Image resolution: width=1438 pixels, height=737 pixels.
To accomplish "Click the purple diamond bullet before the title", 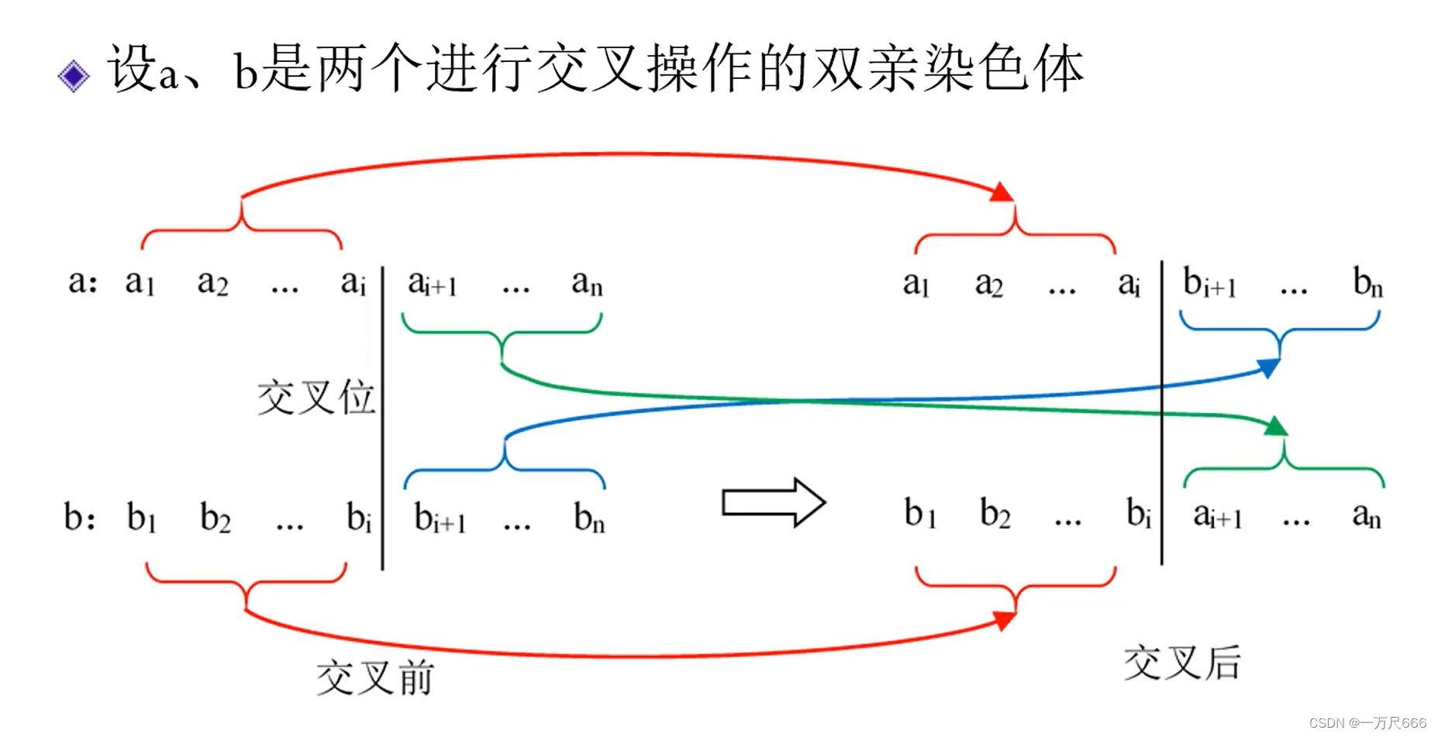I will [74, 76].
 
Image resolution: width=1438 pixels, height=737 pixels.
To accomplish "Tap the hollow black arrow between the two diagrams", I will [773, 503].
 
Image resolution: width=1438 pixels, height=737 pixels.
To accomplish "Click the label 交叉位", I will [316, 398].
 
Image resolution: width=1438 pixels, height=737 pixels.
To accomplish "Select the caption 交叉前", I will [375, 677].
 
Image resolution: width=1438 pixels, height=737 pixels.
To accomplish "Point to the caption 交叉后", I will [1182, 663].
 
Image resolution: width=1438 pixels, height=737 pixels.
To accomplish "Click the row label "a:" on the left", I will [83, 282].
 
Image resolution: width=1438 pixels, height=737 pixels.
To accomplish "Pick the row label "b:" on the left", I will [80, 517].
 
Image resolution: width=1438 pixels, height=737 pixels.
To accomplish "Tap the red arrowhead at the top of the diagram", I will [1002, 193].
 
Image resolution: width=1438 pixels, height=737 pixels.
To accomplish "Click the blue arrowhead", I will [1268, 367].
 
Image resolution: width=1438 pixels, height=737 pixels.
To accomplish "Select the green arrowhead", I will [1275, 425].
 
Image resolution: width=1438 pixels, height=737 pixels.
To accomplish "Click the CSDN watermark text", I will [1367, 722].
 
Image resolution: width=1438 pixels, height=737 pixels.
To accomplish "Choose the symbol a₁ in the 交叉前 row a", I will [140, 283].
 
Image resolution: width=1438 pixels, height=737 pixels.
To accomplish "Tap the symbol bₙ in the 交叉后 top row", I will [1367, 283].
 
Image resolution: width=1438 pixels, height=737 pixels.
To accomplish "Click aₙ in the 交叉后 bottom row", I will [1366, 515].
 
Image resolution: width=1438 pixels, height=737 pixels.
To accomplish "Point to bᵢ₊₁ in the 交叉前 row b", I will [440, 518].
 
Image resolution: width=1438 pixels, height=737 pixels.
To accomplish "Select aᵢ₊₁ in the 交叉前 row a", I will [433, 284].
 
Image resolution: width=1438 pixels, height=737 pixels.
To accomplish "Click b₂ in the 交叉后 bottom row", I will [995, 514].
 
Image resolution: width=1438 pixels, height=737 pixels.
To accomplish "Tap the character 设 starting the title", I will [133, 68].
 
